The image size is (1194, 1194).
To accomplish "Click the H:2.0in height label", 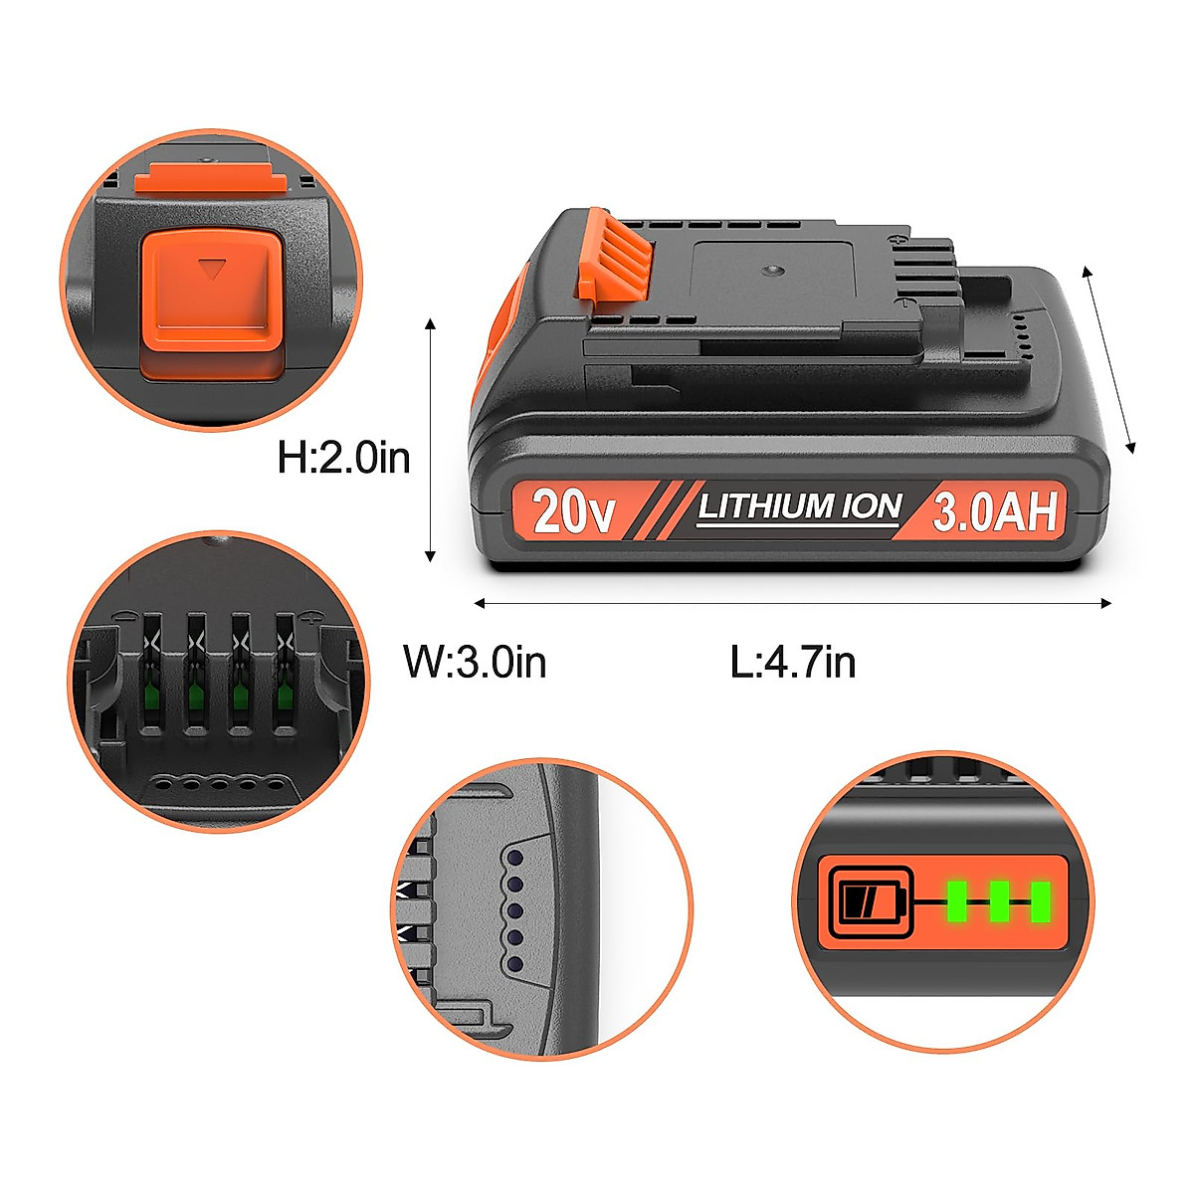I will [343, 459].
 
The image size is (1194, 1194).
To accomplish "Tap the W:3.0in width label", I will [475, 662].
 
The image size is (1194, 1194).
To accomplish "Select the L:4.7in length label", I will [793, 662].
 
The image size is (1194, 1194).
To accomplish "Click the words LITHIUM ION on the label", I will [799, 507].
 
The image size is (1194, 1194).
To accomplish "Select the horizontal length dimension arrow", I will [792, 603].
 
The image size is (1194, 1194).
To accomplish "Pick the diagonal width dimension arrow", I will [1108, 359].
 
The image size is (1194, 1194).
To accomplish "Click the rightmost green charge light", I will [1041, 901].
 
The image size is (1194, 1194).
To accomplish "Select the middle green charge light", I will [999, 901].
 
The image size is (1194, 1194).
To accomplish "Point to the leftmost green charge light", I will [957, 901].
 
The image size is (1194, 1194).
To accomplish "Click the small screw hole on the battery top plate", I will [772, 270].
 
